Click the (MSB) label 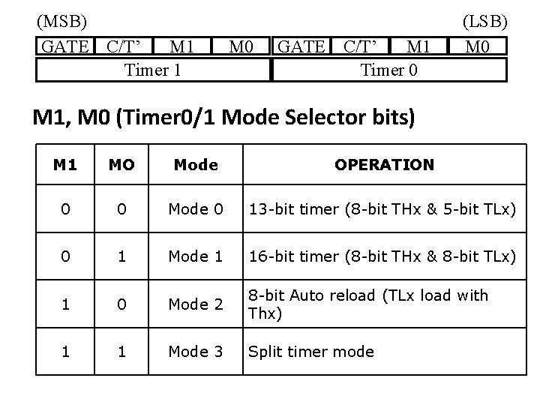62,19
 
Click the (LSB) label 484,19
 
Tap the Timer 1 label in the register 152,70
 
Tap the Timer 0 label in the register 389,70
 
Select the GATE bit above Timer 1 67,47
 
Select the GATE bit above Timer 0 301,47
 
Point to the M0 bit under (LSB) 478,47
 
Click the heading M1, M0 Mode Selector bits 223,118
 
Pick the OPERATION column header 384,164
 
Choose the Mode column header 195,164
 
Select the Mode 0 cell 195,209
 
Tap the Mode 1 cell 195,256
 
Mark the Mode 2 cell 195,304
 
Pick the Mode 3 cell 195,351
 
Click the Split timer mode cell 311,351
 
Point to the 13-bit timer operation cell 382,209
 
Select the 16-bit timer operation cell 382,256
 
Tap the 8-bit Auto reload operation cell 367,304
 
